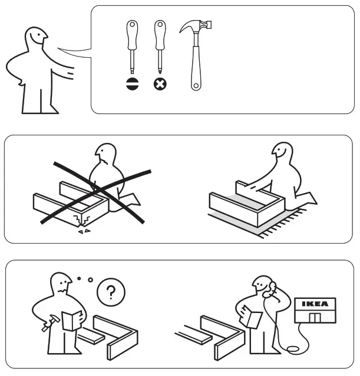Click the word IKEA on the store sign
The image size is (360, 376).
pos(315,304)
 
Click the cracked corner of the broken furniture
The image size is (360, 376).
pos(82,221)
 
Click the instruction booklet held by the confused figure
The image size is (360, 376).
pos(71,321)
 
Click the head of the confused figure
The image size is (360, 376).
pos(62,284)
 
